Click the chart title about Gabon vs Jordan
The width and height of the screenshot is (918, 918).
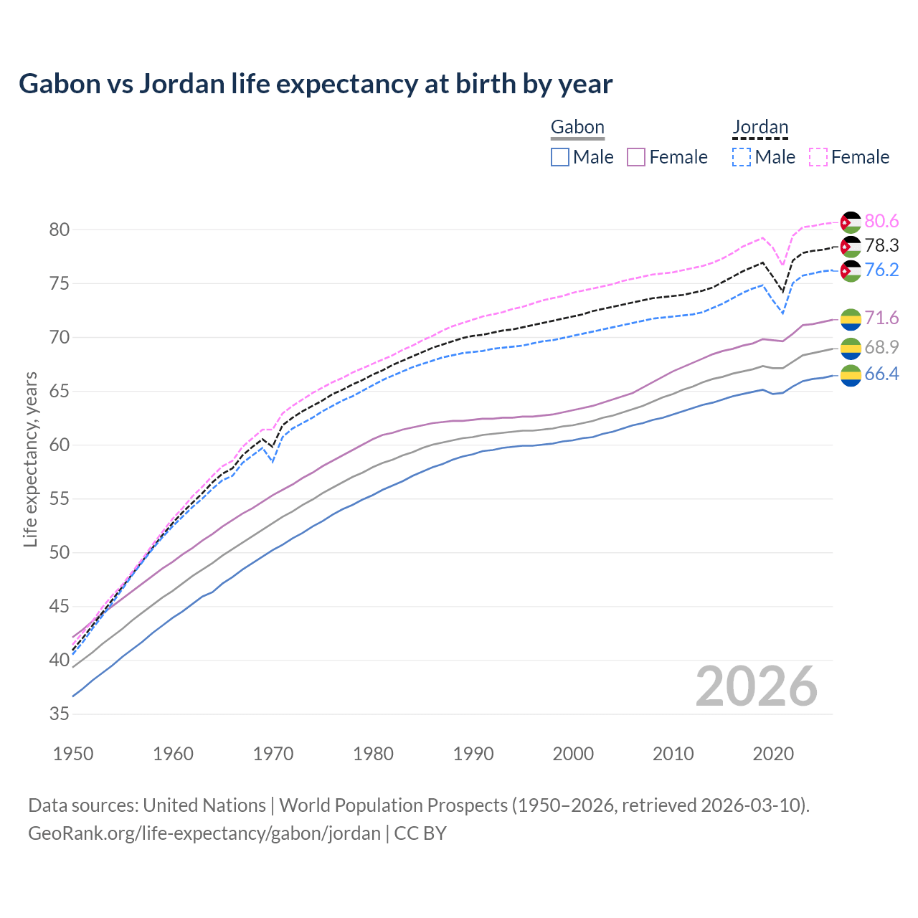point(316,84)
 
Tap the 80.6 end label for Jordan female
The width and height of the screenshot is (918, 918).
point(881,222)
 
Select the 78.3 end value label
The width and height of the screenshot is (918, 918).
point(881,246)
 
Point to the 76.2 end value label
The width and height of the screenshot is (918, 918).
point(881,270)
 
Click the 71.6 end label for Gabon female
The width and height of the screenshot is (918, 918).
point(881,318)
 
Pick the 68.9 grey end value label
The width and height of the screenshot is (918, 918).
point(881,348)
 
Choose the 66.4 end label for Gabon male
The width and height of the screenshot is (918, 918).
point(881,374)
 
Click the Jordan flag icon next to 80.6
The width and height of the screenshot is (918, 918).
point(851,222)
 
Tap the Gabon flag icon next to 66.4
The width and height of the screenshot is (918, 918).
point(851,375)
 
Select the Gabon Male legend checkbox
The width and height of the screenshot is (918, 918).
point(560,157)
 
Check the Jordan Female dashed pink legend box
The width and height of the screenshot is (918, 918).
point(818,157)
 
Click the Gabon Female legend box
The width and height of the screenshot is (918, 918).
point(637,157)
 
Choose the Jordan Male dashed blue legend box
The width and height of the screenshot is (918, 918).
point(742,157)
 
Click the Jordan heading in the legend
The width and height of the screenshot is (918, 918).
point(760,128)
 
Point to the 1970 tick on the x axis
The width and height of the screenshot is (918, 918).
point(273,754)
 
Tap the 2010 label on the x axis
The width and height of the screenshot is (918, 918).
point(673,754)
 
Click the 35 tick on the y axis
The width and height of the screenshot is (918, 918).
point(60,714)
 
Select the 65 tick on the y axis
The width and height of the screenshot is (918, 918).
point(60,392)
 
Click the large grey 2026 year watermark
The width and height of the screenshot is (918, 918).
point(757,686)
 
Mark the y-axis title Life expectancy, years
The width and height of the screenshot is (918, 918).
point(31,459)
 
